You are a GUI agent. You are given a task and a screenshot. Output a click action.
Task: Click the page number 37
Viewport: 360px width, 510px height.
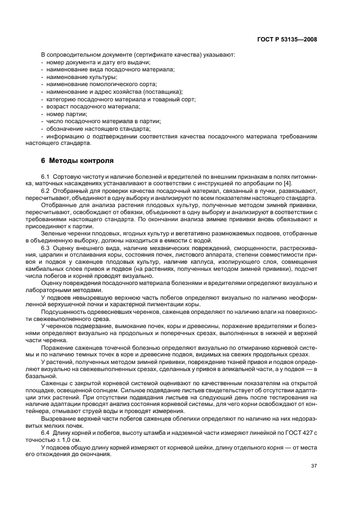[x=313, y=466]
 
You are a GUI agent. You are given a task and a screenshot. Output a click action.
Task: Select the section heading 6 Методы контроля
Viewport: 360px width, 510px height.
[x=77, y=161]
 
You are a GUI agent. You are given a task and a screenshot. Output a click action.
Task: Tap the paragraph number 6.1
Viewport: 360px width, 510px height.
[x=46, y=177]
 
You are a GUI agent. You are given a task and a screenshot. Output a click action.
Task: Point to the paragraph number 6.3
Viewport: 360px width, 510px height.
[x=46, y=248]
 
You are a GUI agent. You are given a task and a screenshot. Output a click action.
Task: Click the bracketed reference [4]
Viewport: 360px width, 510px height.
[x=311, y=184]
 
